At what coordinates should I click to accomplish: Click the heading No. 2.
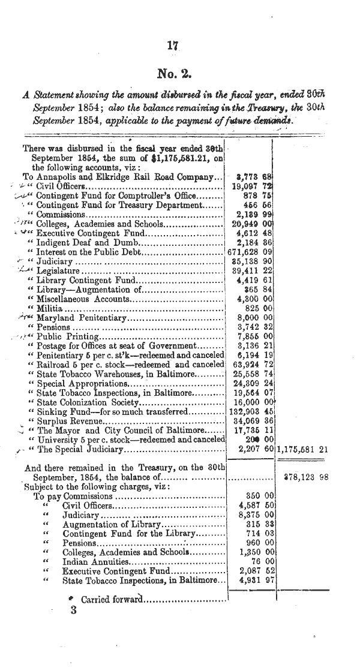click(x=173, y=74)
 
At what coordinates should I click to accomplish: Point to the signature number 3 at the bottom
click(x=74, y=612)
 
